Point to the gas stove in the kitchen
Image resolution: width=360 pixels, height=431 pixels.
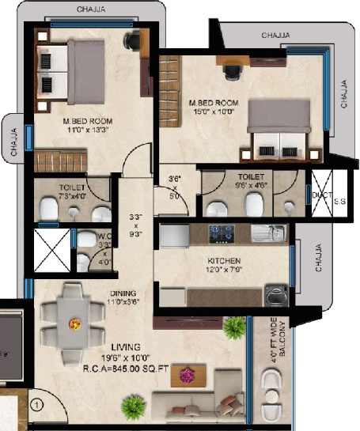click(x=218, y=233)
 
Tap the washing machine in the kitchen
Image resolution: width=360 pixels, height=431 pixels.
click(x=275, y=295)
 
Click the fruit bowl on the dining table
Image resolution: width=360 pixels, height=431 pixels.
click(x=75, y=323)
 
